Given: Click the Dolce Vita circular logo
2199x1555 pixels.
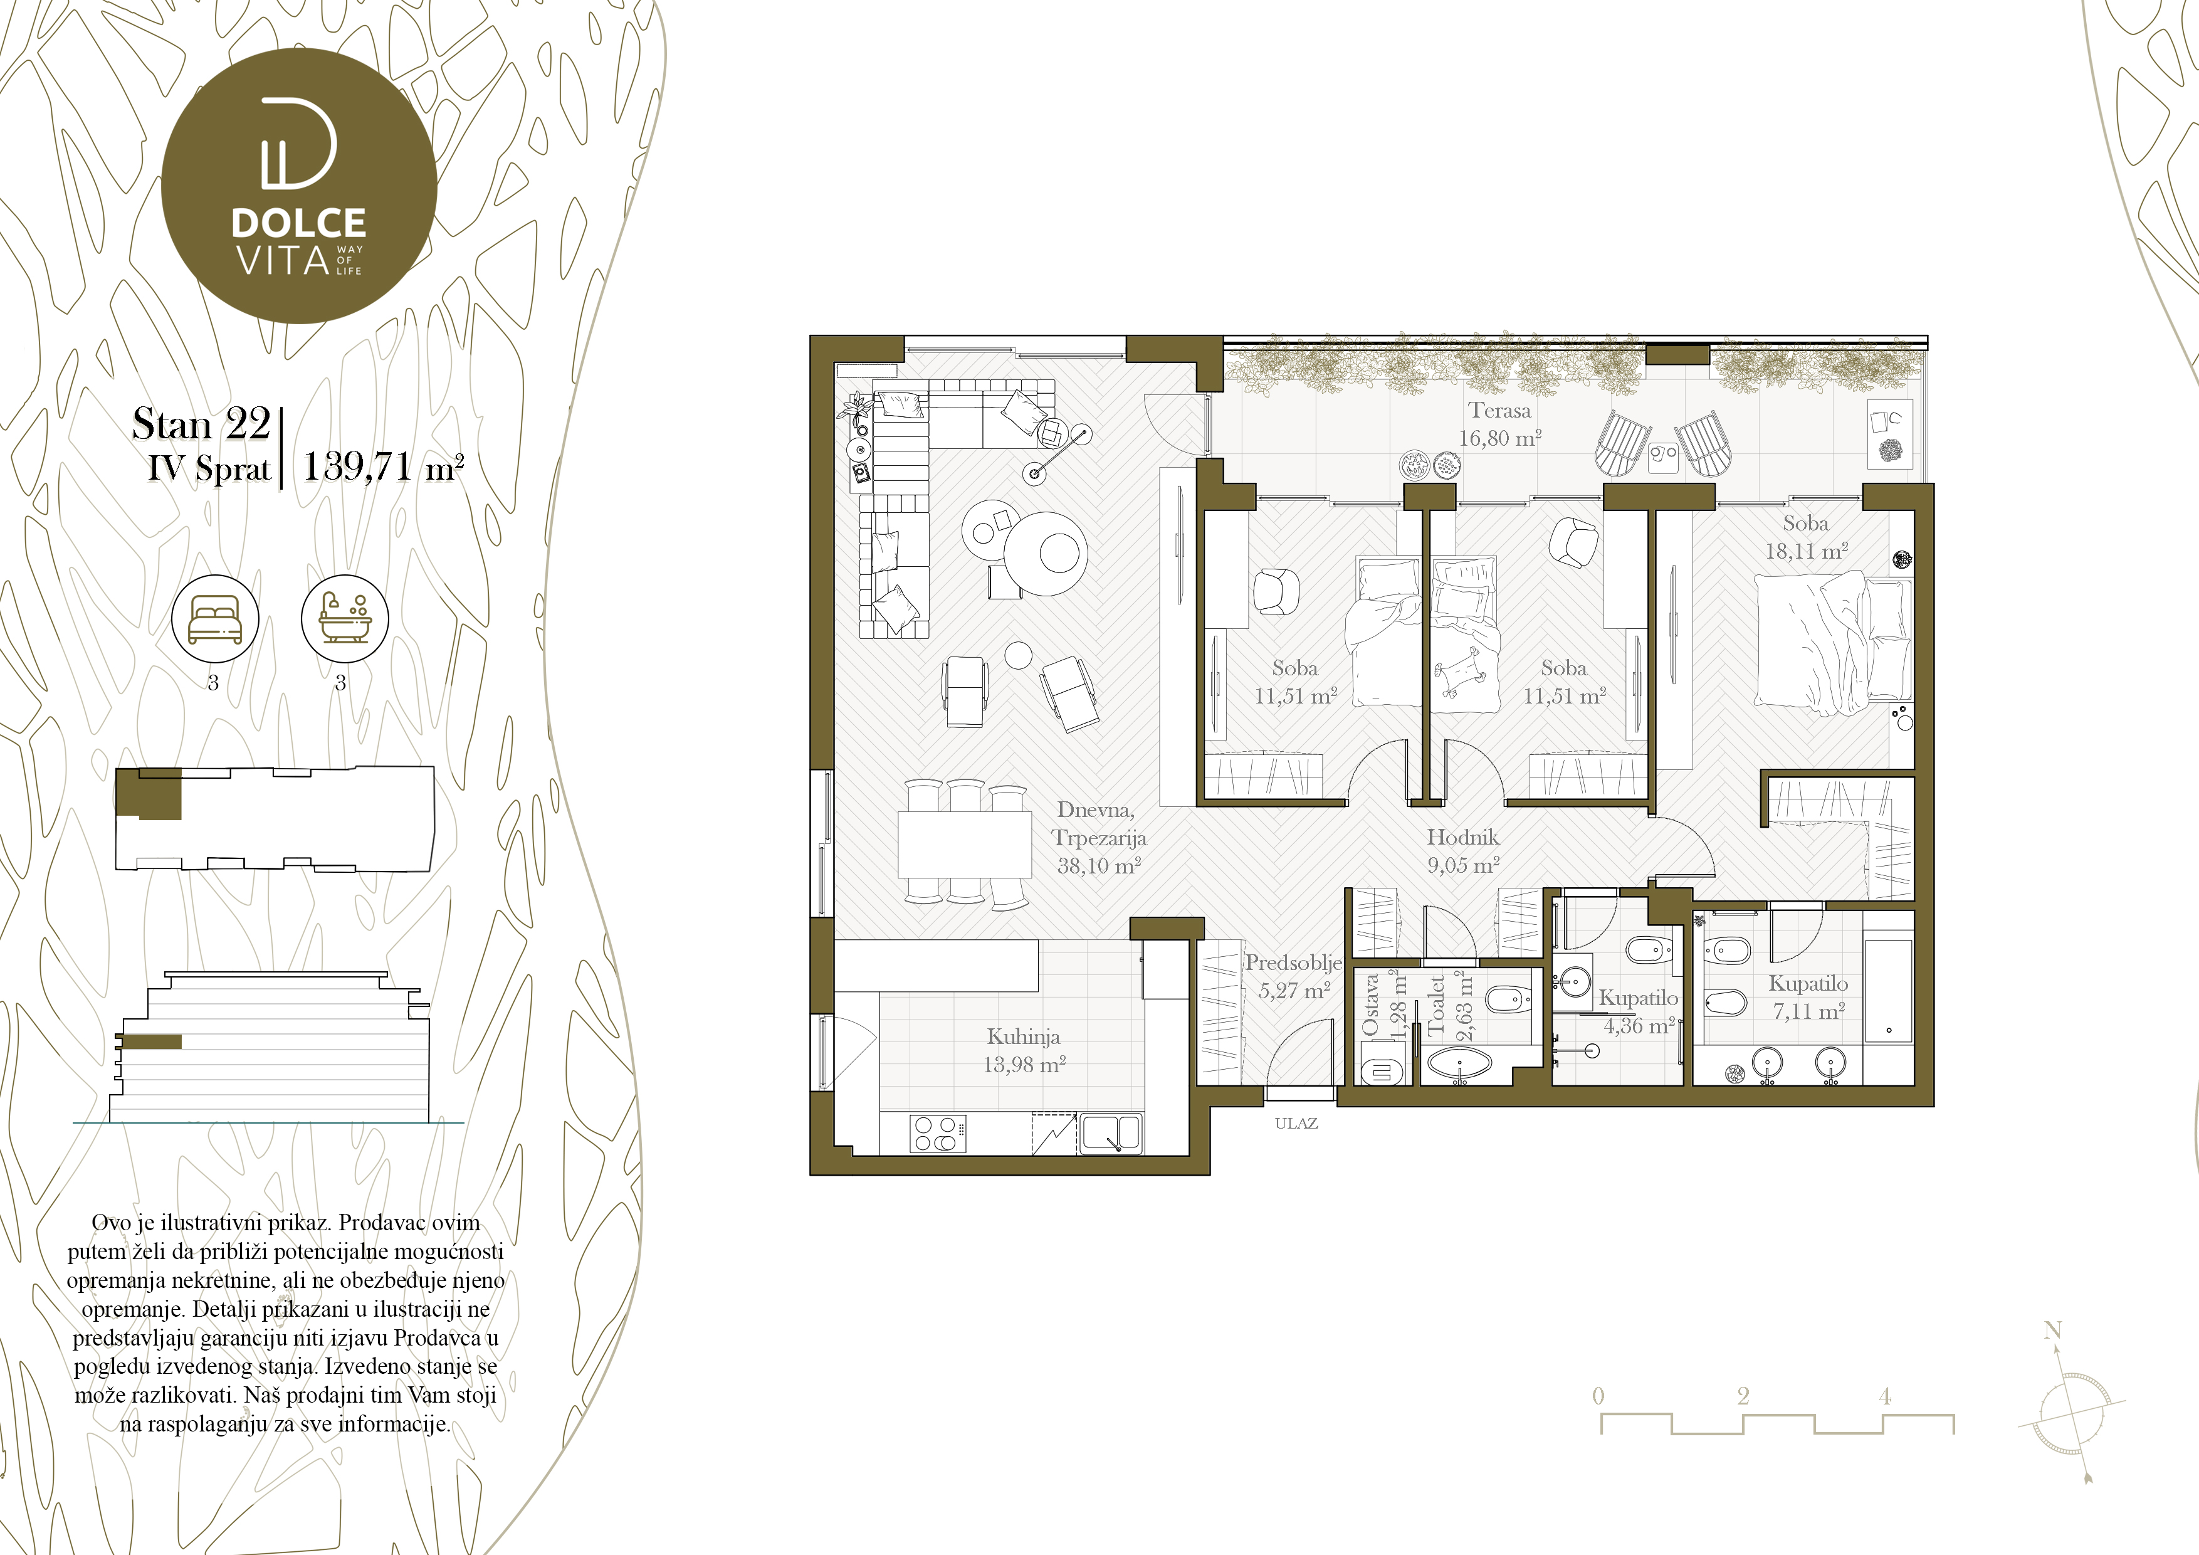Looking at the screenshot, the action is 299,185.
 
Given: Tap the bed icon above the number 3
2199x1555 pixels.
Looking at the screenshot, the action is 214,619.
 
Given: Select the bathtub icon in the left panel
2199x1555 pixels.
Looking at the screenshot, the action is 345,619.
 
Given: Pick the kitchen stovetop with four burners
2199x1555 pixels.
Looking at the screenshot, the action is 936,1134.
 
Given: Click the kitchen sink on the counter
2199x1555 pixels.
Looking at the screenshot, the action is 1110,1134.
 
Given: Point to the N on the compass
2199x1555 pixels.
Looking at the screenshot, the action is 2052,1330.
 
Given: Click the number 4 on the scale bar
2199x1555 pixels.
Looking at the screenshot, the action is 1885,1396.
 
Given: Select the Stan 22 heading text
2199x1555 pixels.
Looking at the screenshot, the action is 201,423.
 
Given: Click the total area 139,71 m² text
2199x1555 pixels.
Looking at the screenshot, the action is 383,467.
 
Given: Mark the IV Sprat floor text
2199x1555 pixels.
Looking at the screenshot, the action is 209,468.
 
